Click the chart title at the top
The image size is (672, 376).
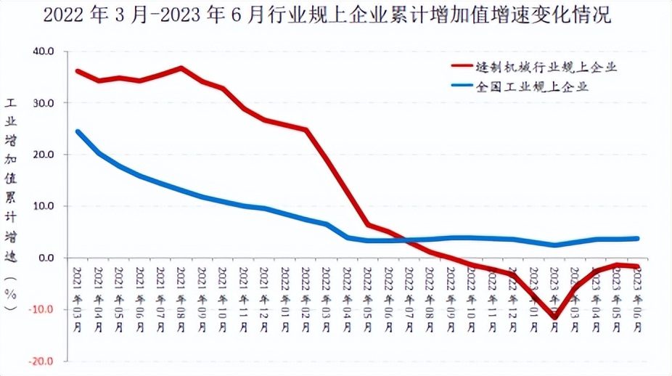(x=327, y=15)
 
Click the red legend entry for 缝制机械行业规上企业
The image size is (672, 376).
(x=545, y=67)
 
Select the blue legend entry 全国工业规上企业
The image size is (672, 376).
(x=530, y=86)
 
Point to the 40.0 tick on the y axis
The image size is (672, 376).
(x=44, y=52)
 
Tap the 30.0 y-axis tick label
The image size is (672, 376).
(x=44, y=103)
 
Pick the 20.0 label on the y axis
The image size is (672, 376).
(x=44, y=155)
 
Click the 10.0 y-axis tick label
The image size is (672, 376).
(x=44, y=206)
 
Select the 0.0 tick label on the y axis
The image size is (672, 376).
(x=47, y=258)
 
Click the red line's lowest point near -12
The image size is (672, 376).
(x=555, y=317)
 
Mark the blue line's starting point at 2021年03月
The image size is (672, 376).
(x=78, y=131)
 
